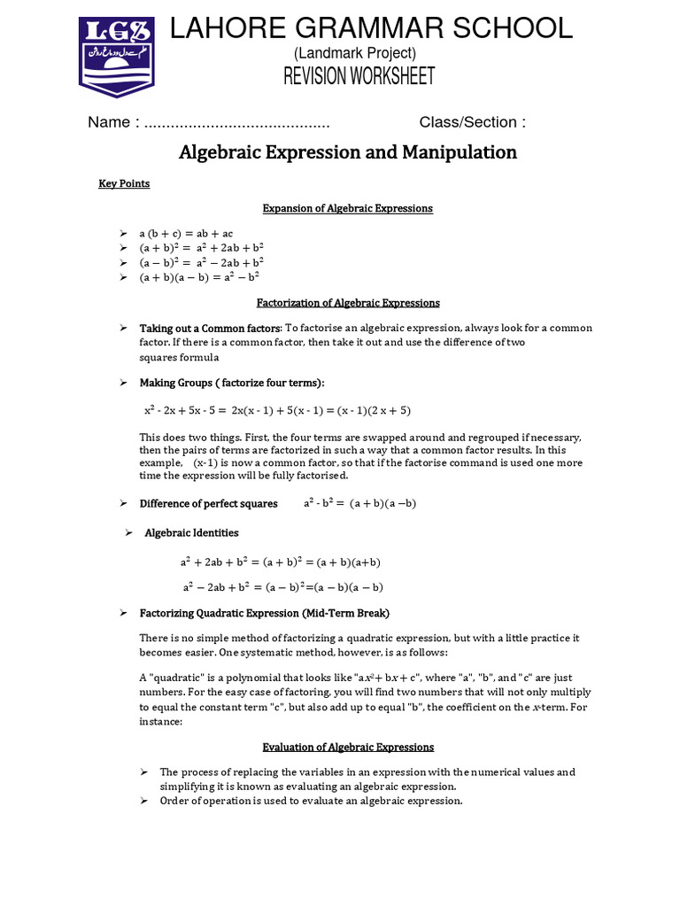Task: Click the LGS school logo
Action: (x=117, y=56)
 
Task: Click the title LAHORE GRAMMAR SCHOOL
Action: (x=371, y=28)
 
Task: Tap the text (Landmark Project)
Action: (x=354, y=54)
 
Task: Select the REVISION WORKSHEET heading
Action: (x=359, y=77)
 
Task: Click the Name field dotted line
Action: (x=236, y=123)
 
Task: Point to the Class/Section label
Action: (x=472, y=123)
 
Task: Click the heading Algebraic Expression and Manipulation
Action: (x=348, y=152)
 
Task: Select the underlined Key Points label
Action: (x=124, y=183)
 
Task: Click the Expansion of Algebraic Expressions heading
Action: (x=348, y=208)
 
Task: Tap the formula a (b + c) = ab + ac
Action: (x=186, y=233)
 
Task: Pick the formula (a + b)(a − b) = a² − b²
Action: (x=198, y=277)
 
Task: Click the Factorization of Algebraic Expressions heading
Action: (x=348, y=303)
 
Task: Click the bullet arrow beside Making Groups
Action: (x=124, y=383)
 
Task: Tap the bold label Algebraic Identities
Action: (x=191, y=533)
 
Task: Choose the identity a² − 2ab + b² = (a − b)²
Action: (x=282, y=587)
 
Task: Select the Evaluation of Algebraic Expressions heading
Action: (x=348, y=747)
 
